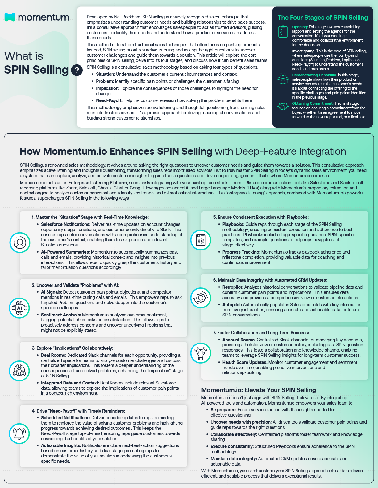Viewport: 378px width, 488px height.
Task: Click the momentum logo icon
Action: point(10,17)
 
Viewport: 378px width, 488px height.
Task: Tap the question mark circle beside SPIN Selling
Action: point(77,70)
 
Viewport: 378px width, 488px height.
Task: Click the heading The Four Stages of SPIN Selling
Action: point(322,18)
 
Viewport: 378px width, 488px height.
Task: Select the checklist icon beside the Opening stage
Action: point(283,32)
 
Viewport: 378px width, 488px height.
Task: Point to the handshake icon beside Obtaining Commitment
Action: point(283,107)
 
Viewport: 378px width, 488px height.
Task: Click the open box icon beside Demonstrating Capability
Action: point(283,79)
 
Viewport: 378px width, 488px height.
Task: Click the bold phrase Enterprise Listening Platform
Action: point(98,183)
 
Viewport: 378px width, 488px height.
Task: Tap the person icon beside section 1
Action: point(20,242)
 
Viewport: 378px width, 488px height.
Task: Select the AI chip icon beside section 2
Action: point(19,308)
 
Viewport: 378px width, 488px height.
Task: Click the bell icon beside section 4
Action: point(19,433)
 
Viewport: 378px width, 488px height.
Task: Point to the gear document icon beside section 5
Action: point(201,240)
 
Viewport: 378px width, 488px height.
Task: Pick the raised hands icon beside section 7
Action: point(201,353)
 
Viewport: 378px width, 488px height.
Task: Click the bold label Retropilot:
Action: point(233,287)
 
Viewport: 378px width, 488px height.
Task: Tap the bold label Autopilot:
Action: point(232,305)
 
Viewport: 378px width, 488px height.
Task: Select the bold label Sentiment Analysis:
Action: point(61,315)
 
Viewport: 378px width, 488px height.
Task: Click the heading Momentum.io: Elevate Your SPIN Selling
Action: point(259,390)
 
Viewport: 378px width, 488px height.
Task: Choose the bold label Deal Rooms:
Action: point(53,355)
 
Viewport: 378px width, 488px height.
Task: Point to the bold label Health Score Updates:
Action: point(245,362)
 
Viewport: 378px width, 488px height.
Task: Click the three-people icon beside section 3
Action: point(19,371)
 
